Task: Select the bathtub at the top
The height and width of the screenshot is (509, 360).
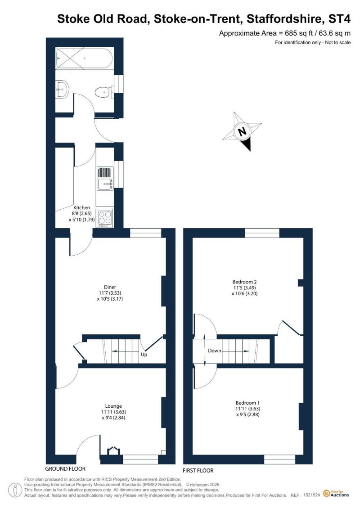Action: (x=85, y=58)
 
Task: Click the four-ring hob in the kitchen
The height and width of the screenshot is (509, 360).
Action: (x=105, y=217)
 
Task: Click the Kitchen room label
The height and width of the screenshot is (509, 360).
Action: (x=82, y=207)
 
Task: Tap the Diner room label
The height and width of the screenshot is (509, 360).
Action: (x=110, y=287)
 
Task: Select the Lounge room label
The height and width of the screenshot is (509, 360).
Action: (x=113, y=406)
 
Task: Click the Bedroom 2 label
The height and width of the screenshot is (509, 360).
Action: (x=244, y=282)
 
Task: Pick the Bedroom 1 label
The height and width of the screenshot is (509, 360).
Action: (x=247, y=403)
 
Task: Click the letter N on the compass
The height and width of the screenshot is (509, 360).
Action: (x=242, y=131)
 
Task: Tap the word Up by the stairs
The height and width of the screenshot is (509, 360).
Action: (x=144, y=355)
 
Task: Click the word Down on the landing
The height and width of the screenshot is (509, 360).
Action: (x=215, y=351)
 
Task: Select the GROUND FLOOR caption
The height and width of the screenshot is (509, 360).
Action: (x=65, y=469)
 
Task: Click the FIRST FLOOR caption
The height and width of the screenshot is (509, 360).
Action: (x=198, y=470)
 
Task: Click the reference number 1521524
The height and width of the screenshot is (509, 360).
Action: (x=312, y=495)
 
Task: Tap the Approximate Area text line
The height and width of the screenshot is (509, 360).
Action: (x=285, y=33)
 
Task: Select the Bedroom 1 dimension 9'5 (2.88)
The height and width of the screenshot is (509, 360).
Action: (x=247, y=414)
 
